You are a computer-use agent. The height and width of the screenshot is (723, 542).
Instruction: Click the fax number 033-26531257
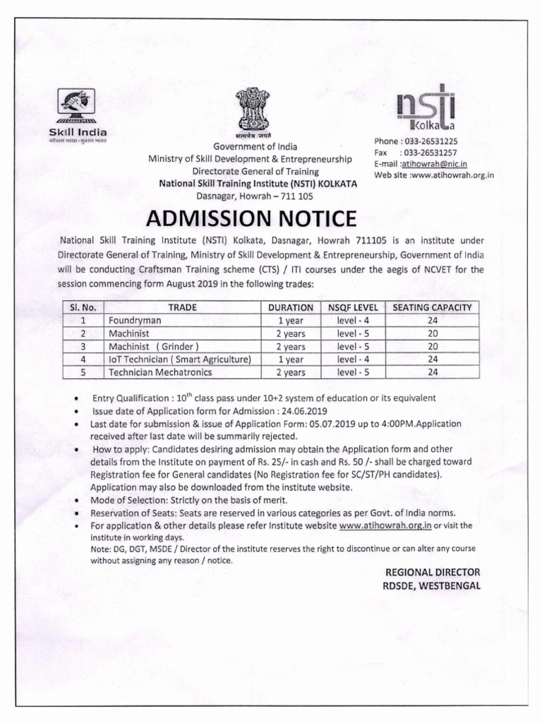[428, 153]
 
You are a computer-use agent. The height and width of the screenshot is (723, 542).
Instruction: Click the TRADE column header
[182, 308]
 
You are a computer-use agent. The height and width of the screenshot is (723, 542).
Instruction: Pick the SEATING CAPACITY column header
[432, 308]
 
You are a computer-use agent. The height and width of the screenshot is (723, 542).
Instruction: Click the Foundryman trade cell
[135, 321]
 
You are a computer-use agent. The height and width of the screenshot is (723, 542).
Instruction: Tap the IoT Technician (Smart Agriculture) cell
[179, 359]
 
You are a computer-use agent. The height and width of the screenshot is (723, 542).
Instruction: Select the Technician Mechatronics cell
[160, 372]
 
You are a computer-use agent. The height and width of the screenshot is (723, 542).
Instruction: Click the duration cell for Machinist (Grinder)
[290, 347]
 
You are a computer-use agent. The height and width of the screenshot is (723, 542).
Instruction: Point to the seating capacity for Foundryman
[432, 321]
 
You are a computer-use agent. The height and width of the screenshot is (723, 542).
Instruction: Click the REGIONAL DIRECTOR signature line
[432, 572]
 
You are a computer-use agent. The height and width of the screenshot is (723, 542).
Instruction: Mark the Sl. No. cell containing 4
[83, 359]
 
